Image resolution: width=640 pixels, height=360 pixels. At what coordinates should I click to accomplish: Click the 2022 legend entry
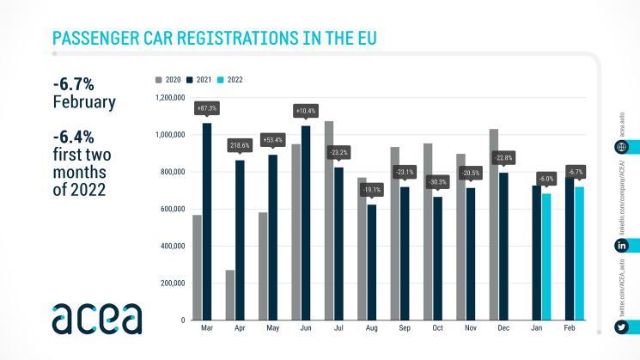[230, 79]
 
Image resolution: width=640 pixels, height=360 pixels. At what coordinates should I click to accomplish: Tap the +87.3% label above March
[206, 109]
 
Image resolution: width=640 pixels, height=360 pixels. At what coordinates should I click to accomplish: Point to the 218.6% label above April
[239, 146]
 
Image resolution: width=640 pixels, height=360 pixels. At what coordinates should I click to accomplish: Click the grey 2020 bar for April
[230, 295]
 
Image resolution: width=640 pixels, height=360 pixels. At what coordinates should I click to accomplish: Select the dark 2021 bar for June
[306, 223]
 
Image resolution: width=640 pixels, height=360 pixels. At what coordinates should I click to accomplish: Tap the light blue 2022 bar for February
[580, 253]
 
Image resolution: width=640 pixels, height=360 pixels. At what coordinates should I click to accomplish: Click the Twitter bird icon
[621, 327]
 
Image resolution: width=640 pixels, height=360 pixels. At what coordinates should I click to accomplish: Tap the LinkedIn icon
[621, 246]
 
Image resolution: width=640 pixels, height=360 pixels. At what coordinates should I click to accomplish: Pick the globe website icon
[621, 147]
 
